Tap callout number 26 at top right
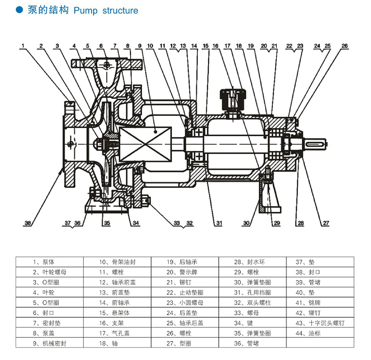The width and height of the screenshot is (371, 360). [x=345, y=45]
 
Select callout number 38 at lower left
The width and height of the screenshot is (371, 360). [x=28, y=223]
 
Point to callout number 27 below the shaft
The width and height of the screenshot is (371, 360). [x=326, y=223]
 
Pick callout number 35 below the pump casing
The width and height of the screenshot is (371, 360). [x=107, y=223]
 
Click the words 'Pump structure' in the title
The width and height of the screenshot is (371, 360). [x=106, y=10]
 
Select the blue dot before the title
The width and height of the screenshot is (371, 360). [x=19, y=10]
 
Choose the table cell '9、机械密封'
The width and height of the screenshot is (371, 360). [x=50, y=343]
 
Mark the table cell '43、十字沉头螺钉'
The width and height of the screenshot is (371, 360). [x=320, y=323]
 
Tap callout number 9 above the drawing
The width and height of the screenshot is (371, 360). [x=140, y=45]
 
